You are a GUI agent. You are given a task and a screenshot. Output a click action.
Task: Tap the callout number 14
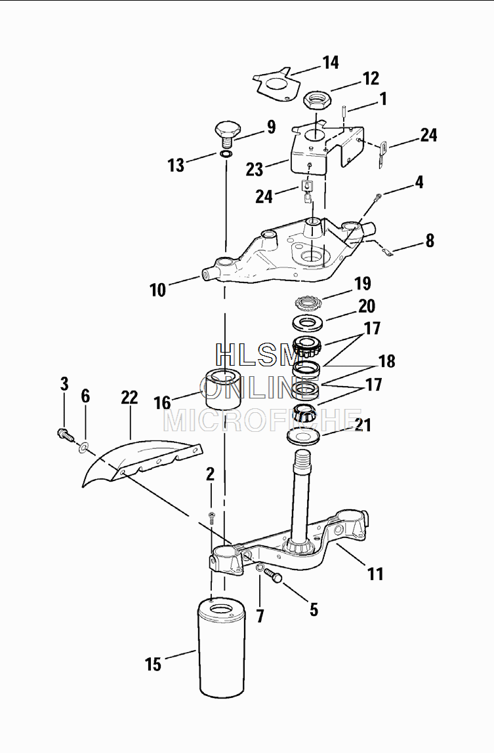pyautogui.click(x=331, y=62)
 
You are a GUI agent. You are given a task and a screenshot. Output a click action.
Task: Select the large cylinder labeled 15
pyautogui.click(x=222, y=648)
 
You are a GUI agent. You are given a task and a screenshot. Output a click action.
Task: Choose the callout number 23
pyautogui.click(x=255, y=169)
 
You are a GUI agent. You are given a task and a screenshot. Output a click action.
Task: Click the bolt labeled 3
pyautogui.click(x=66, y=435)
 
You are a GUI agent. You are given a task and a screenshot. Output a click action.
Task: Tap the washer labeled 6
pyautogui.click(x=84, y=448)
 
